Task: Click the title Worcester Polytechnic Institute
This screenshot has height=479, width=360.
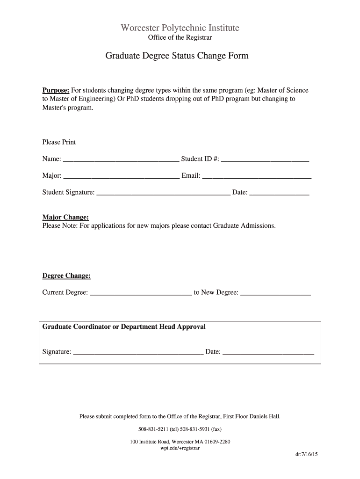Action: point(180,28)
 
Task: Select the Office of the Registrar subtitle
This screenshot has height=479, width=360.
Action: point(180,38)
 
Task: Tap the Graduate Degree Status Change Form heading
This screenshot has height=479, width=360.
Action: point(177,56)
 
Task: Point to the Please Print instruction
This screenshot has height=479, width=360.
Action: point(59,142)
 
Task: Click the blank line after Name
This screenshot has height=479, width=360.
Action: point(121,160)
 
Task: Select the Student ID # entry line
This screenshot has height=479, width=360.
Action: point(265,160)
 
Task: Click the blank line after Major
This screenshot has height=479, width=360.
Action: point(121,176)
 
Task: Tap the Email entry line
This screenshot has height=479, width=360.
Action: point(257,176)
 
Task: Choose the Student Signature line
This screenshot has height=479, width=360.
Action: point(163,193)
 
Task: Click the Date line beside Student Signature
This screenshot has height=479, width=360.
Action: point(279,193)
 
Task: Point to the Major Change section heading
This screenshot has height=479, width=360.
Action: point(65,218)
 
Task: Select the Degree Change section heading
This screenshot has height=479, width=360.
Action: point(66,276)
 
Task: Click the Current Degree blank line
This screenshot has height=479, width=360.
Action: point(140,293)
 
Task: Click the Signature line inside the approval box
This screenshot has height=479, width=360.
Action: point(138,352)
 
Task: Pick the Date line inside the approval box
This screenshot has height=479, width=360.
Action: point(268,352)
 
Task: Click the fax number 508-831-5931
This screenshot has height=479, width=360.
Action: point(193,429)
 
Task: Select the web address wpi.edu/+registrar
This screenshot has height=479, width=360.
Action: point(180,448)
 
